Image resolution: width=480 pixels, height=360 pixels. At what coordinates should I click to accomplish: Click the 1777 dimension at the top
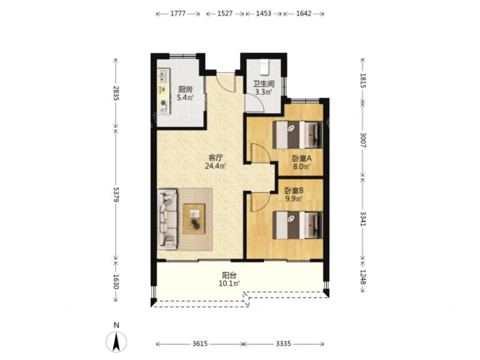pos(178,13)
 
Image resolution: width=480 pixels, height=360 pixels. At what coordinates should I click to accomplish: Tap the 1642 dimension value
pos(304,13)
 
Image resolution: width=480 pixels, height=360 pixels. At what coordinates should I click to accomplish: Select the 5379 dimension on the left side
pos(116,194)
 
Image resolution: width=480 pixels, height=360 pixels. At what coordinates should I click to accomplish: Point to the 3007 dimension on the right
pos(363,140)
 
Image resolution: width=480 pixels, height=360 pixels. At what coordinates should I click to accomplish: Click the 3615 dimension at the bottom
pos(200,344)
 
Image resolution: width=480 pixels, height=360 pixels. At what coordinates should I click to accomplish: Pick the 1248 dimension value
pos(363,277)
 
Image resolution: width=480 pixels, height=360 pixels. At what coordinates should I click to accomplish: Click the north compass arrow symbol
pos(116,341)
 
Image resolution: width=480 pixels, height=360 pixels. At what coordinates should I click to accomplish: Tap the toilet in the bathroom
pos(264,67)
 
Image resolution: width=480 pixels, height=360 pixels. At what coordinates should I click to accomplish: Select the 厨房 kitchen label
pos(185,89)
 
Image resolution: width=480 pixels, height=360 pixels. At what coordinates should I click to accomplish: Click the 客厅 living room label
pos(215,158)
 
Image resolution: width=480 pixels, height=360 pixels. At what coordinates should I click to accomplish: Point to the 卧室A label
pos(302,158)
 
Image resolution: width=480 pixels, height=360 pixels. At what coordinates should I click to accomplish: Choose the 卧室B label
pos(294,191)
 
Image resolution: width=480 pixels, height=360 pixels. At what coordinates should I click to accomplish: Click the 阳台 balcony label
pos(229,275)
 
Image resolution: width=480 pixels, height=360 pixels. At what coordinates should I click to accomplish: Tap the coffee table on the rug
pos(194,219)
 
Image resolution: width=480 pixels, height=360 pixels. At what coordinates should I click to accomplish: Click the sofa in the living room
pos(167,219)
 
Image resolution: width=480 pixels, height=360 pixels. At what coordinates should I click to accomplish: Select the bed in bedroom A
pos(298,135)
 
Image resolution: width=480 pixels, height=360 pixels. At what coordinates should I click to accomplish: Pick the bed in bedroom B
pos(298,225)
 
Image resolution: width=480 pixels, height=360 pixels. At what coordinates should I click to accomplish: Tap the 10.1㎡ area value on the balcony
pos(229,283)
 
